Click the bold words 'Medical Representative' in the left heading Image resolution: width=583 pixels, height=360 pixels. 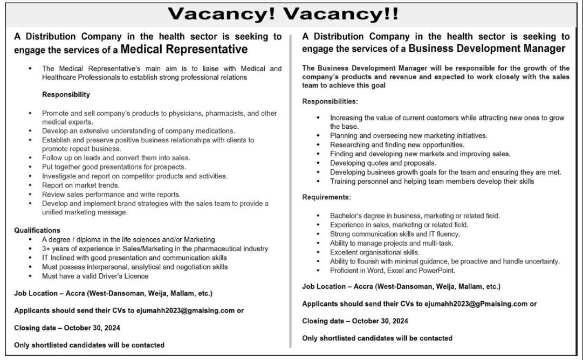pyautogui.click(x=184, y=50)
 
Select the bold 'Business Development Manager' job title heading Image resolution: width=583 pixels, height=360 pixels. pyautogui.click(x=487, y=49)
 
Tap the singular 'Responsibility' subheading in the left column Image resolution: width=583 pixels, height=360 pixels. pyautogui.click(x=66, y=94)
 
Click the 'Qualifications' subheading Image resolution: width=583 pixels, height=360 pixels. pyautogui.click(x=37, y=230)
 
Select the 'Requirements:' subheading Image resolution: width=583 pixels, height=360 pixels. pyautogui.click(x=326, y=198)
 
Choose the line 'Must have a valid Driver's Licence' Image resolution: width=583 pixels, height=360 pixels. pyautogui.click(x=95, y=276)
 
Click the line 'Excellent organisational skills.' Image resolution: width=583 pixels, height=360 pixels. pyautogui.click(x=375, y=252)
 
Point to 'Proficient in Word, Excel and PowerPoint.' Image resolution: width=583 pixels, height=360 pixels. pyautogui.click(x=393, y=271)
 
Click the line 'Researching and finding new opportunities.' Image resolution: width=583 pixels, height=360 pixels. pyautogui.click(x=397, y=144)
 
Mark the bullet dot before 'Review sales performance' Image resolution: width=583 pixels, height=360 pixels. pyautogui.click(x=31, y=194)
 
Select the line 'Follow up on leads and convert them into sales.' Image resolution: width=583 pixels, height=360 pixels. pyautogui.click(x=116, y=157)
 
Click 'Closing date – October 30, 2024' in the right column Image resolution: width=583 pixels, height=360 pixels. pyautogui.click(x=355, y=321)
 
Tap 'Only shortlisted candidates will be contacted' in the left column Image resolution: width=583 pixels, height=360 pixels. pyautogui.click(x=89, y=344)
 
